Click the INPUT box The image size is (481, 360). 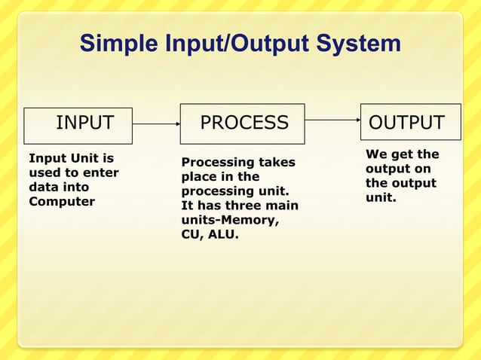point(78,124)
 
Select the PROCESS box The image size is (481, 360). point(242,124)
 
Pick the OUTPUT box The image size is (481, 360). point(410,122)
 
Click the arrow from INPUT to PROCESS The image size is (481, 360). point(156,124)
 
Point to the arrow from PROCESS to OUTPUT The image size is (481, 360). point(332,119)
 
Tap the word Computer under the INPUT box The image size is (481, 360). point(62,202)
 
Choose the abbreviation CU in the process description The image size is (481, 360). point(191,235)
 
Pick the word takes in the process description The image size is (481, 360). point(277,163)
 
